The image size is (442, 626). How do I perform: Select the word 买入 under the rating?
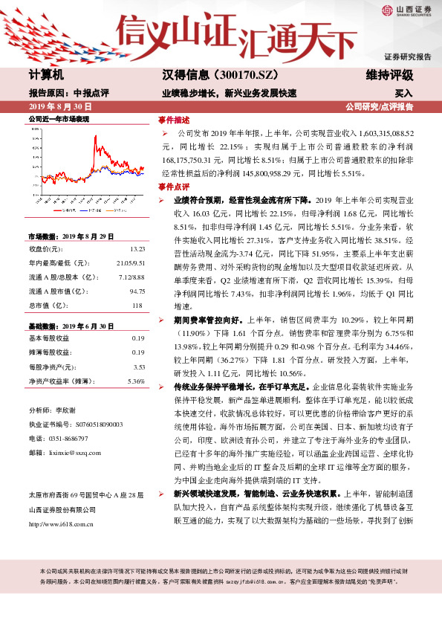(403, 94)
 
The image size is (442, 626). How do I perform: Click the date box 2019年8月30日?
(61, 106)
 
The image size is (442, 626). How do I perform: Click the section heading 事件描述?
(174, 119)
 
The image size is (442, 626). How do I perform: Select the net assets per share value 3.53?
(137, 367)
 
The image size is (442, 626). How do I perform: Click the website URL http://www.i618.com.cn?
(65, 503)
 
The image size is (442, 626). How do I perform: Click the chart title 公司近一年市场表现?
(59, 119)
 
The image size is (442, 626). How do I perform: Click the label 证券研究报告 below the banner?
(407, 57)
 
